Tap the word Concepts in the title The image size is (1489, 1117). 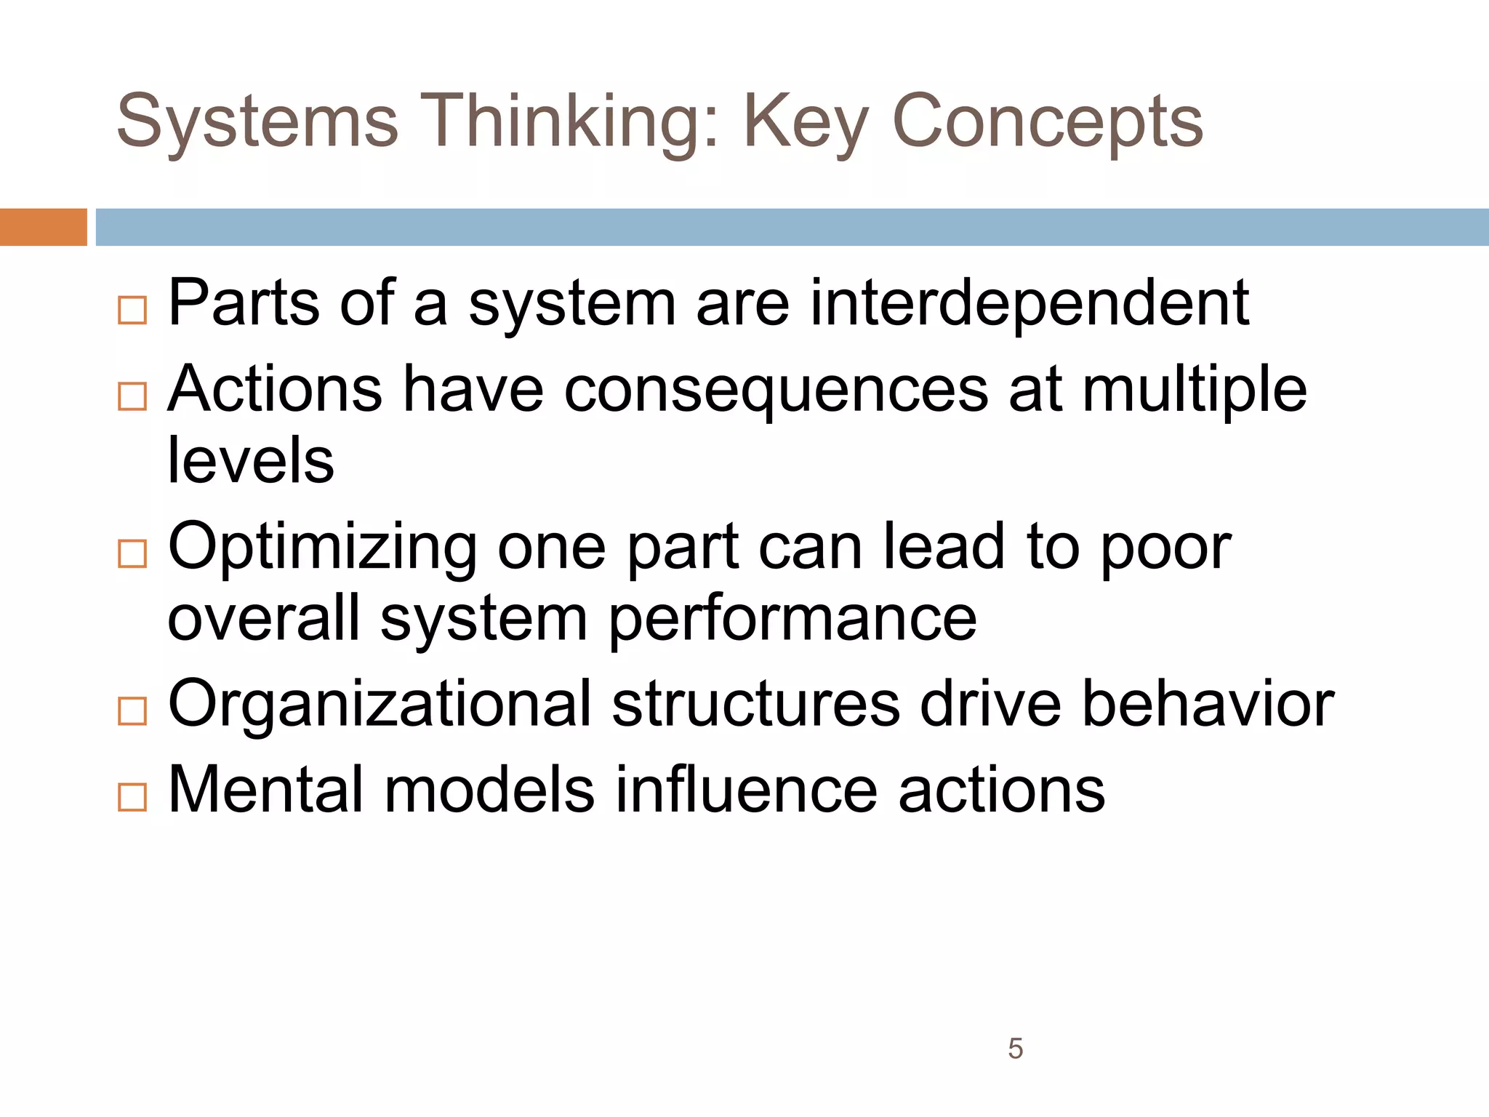(1047, 121)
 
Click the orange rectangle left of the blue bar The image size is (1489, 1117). (43, 227)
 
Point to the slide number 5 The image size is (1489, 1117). (1015, 1049)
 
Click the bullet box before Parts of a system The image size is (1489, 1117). (132, 311)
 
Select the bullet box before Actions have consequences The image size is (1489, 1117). (132, 396)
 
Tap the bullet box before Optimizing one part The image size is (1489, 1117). (132, 554)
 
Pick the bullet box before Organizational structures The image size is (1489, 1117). (132, 711)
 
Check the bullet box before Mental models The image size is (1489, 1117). (132, 797)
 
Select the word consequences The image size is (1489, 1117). (776, 390)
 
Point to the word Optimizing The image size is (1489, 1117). (322, 547)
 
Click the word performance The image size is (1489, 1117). (792, 618)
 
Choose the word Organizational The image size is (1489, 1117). (380, 704)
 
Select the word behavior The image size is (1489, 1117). (1208, 704)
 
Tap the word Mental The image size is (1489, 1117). (265, 790)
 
